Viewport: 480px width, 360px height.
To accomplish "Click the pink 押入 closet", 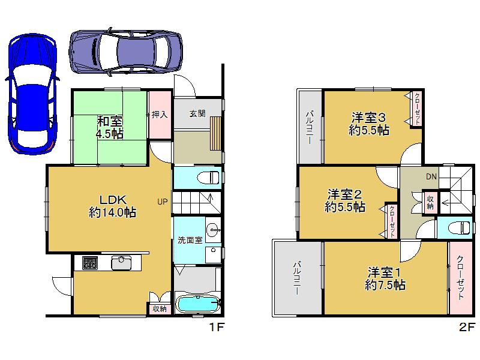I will point(160,115).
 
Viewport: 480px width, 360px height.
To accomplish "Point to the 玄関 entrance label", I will point(197,112).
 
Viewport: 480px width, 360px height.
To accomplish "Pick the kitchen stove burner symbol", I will point(90,262).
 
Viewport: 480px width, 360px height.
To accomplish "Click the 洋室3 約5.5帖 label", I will point(368,124).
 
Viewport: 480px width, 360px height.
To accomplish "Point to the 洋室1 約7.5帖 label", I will point(385,278).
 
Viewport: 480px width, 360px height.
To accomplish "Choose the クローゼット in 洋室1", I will point(461,277).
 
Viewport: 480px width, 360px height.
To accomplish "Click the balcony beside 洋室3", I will point(310,127).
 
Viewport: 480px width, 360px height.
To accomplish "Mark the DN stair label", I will point(431,176).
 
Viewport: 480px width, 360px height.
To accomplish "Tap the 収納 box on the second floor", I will point(430,202).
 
